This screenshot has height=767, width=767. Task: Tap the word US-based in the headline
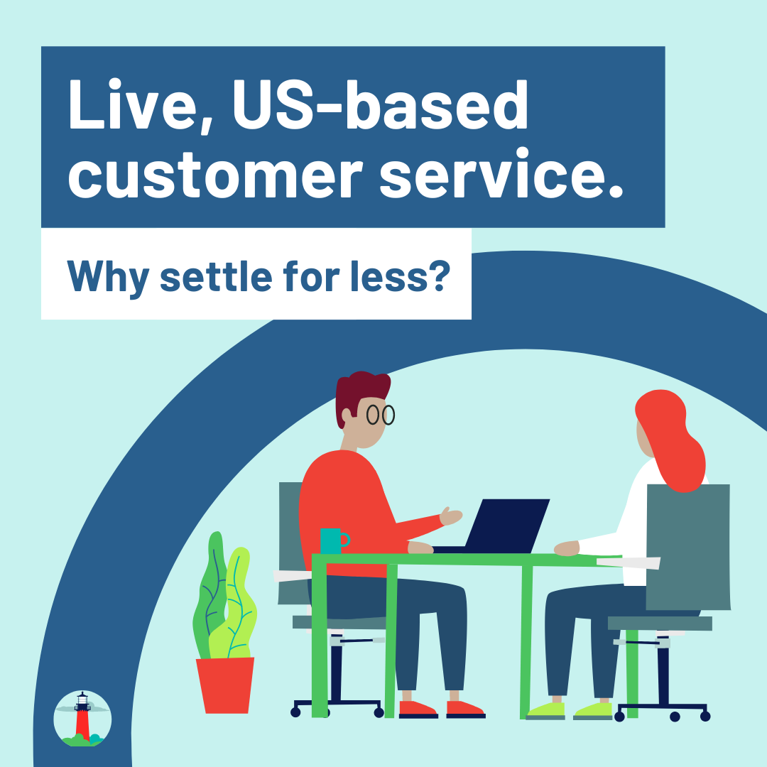pos(381,104)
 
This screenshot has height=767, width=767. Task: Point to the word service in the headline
pos(501,173)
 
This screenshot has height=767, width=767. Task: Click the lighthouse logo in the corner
pos(82,719)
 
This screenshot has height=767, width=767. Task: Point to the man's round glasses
pos(381,415)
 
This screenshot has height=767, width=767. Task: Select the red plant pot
pos(226,685)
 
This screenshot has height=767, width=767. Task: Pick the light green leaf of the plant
pos(234,606)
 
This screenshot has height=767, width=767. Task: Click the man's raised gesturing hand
pos(450,516)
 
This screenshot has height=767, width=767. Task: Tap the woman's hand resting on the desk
pos(567,548)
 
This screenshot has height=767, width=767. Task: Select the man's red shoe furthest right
pos(465,709)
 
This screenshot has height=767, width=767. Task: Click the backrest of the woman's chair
pos(688,547)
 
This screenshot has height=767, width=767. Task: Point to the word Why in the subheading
pos(108,277)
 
